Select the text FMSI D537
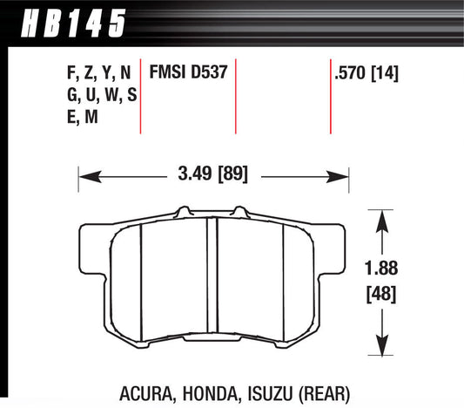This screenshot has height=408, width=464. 189,75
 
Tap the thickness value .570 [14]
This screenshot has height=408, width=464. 366,75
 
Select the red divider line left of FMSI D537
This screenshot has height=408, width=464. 141,96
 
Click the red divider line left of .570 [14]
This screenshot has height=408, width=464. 331,96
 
